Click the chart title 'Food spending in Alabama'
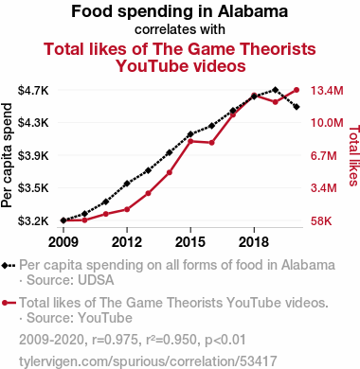point(179,11)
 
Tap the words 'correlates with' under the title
point(180,29)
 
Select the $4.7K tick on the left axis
point(33,91)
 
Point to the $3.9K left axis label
point(33,155)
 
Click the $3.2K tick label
point(33,220)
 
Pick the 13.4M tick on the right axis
point(327,91)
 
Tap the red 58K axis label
point(321,220)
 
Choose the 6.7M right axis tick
point(324,155)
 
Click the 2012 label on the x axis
point(127,242)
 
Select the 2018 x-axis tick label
point(254,242)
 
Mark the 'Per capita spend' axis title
point(7,155)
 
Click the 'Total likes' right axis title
point(353,155)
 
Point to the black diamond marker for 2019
point(275,90)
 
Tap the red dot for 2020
point(297,90)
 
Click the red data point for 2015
point(190,141)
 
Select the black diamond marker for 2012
point(127,184)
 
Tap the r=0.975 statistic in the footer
point(116,340)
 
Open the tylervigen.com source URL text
point(148,361)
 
